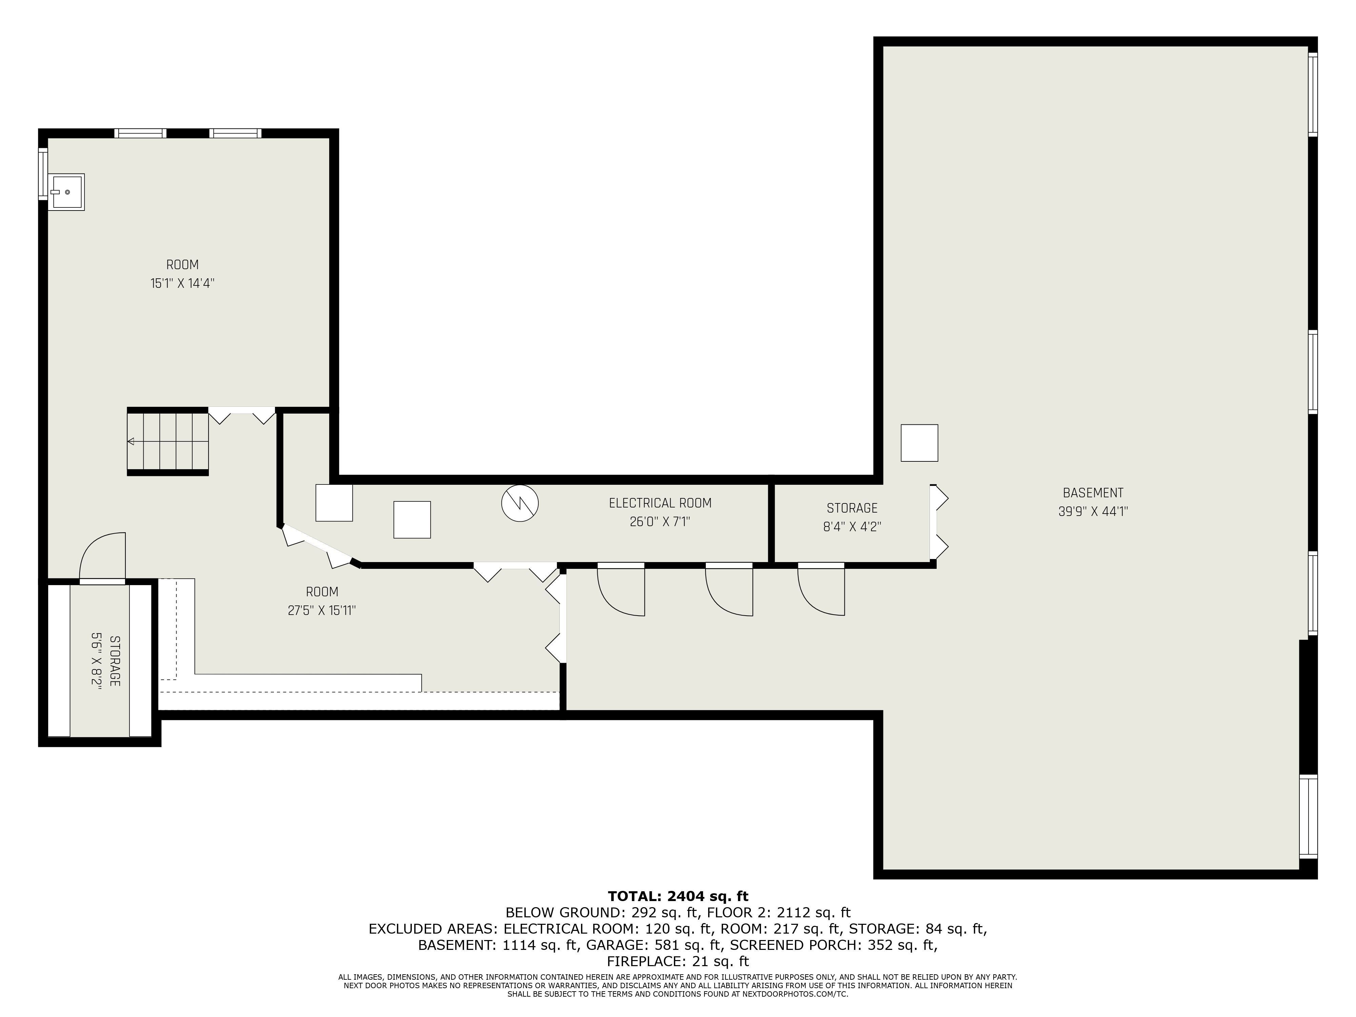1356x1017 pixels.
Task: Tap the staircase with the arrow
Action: tap(168, 441)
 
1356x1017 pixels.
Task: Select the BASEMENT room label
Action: tap(1093, 493)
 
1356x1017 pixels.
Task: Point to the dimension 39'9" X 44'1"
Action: tap(1093, 511)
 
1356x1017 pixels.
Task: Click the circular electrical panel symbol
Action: tap(520, 503)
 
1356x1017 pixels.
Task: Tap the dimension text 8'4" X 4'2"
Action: tap(852, 526)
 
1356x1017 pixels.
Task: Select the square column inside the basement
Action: tap(919, 443)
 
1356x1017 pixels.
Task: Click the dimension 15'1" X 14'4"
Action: tap(183, 283)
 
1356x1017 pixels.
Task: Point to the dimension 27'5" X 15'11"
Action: tap(322, 611)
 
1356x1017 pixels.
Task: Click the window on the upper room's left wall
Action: tap(43, 174)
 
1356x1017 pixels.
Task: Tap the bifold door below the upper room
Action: tap(242, 415)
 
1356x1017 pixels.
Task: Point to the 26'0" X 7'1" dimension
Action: tap(660, 522)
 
